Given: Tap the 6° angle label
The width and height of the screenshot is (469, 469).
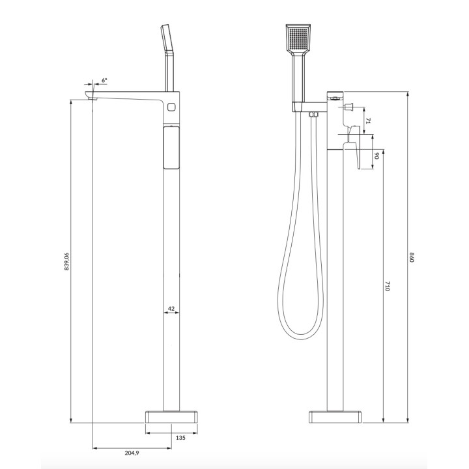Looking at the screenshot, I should click(104, 80).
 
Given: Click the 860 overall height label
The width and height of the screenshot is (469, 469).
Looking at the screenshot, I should click(412, 256).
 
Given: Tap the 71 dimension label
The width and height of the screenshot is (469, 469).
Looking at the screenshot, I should click(367, 121).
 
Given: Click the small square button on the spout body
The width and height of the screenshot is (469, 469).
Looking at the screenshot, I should click(172, 106).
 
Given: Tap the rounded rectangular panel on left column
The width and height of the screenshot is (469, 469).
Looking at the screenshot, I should click(171, 148).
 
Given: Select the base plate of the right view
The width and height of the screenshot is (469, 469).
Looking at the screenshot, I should click(335, 416).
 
